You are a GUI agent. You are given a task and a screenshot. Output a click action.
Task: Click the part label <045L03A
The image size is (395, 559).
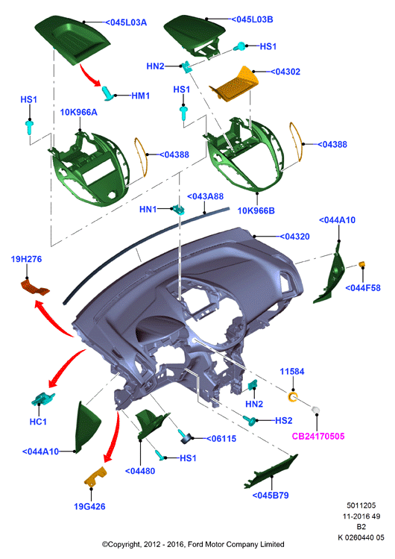(x=126, y=22)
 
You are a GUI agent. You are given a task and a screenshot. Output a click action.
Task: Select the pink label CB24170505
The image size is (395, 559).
(x=318, y=436)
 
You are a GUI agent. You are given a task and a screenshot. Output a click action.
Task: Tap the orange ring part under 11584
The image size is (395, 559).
(x=292, y=396)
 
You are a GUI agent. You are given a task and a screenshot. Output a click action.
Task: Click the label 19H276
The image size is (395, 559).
(x=26, y=259)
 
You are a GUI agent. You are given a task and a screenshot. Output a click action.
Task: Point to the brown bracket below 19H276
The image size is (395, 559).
(x=35, y=287)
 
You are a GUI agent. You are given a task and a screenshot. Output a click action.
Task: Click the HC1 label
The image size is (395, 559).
(x=38, y=422)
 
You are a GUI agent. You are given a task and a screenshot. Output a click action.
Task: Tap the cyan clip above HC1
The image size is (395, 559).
(x=42, y=399)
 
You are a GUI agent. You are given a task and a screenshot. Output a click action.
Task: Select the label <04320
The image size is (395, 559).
(x=294, y=237)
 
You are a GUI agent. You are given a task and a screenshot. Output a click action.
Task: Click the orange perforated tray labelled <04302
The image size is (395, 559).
(x=235, y=84)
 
